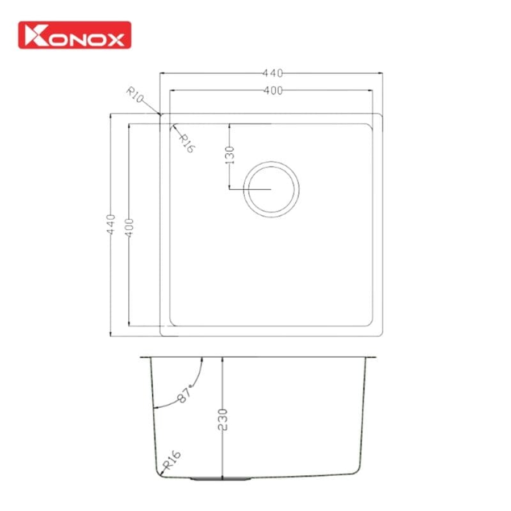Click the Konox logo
[74, 35]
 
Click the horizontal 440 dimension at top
[272, 73]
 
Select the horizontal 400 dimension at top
[272, 90]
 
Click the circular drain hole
[271, 189]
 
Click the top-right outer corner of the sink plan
[382, 114]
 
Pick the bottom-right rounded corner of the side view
[357, 469]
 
